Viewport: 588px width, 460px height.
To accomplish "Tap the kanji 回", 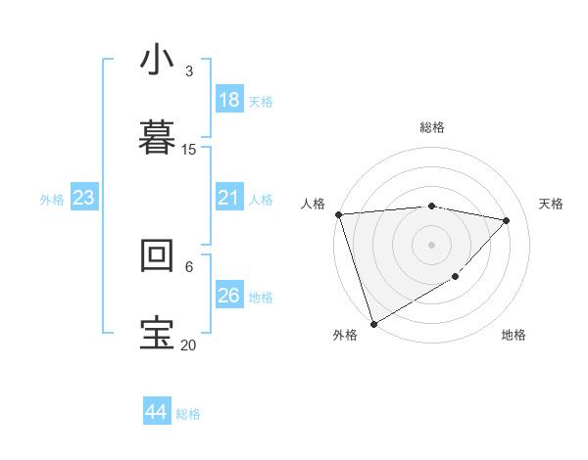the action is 158,255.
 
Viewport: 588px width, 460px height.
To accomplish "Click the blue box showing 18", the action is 229,100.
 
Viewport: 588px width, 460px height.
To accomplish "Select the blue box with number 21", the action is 229,198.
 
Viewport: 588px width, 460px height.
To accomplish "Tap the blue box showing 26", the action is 229,296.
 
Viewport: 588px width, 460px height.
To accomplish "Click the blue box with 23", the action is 83,198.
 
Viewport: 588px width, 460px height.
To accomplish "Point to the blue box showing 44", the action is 157,412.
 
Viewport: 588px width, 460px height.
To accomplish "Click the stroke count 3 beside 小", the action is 188,71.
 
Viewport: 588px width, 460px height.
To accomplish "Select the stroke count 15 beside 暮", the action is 189,150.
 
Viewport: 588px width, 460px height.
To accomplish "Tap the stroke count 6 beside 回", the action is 188,266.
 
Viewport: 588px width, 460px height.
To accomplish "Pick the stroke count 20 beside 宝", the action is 188,345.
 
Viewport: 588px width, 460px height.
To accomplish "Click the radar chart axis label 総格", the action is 432,127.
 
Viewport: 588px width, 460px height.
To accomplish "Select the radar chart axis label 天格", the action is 552,204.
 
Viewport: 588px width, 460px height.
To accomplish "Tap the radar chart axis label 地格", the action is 514,335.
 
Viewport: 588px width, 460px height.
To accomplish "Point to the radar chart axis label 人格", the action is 314,204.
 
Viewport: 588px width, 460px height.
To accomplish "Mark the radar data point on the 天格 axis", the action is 507,220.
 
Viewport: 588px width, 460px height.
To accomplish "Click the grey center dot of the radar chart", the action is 431,244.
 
